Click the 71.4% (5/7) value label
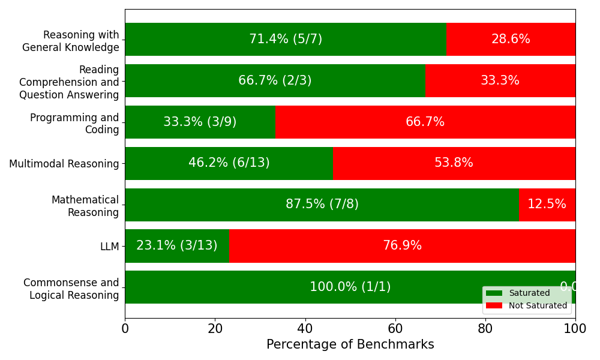point(286,40)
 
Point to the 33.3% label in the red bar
point(500,81)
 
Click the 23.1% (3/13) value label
point(177,246)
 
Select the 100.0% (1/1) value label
point(350,287)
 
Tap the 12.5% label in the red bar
point(547,205)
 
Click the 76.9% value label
point(402,246)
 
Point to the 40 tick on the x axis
point(305,329)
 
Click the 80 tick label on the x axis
point(485,329)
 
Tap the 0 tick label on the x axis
point(125,329)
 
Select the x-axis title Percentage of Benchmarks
point(350,345)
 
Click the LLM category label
point(110,247)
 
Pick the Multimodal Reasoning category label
point(64,164)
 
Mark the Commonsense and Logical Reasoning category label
point(71,289)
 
